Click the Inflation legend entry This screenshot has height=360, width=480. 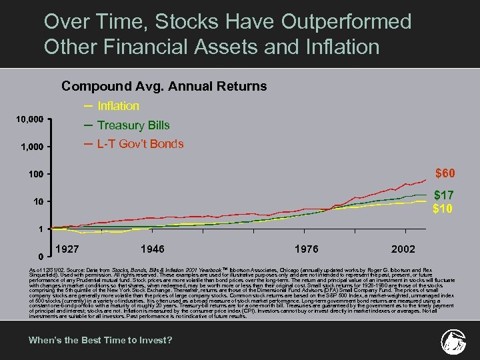(x=118, y=106)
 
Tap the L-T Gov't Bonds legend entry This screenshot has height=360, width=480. (x=140, y=144)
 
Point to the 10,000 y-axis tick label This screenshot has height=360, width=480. (x=30, y=119)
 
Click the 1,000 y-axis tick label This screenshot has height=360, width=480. (x=33, y=147)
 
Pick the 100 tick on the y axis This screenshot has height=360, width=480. (x=36, y=174)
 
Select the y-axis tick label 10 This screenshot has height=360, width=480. (x=39, y=201)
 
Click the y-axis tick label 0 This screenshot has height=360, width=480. (x=41, y=256)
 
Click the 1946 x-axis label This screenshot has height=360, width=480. (x=153, y=249)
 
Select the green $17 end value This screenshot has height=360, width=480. (x=444, y=195)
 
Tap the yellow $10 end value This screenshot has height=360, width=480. (x=443, y=209)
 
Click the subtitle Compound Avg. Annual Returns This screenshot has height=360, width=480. (x=164, y=87)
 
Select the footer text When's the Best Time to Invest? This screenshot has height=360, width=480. (x=100, y=340)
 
